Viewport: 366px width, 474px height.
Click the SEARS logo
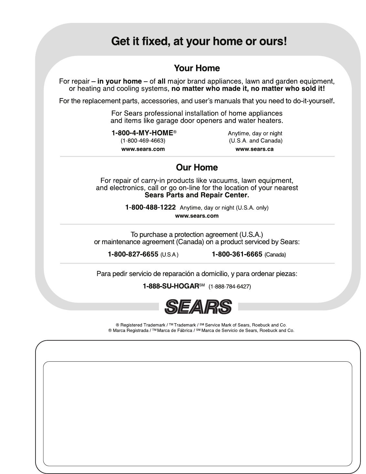coord(198,306)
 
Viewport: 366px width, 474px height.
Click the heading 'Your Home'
coord(197,68)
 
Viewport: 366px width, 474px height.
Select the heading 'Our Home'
coord(197,167)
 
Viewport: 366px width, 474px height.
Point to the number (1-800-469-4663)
coord(143,141)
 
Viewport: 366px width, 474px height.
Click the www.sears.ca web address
coord(255,149)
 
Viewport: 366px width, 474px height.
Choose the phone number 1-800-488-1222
coord(150,207)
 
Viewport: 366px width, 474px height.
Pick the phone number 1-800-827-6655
coord(133,254)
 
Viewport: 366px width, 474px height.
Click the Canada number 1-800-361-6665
coord(237,254)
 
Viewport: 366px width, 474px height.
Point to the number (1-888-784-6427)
coord(230,286)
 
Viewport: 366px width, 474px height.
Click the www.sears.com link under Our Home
coord(197,216)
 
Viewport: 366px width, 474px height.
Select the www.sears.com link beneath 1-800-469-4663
coord(143,149)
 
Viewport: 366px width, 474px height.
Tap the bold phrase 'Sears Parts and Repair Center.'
coord(197,195)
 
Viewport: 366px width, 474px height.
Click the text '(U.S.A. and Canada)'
coord(255,141)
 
